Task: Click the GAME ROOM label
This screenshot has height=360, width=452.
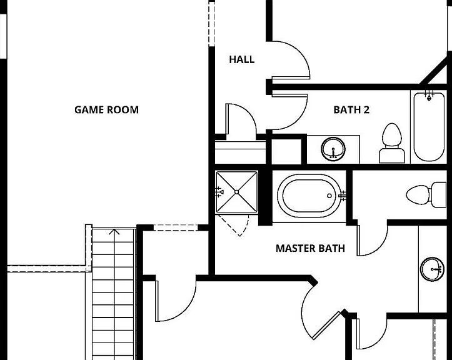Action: coord(106,109)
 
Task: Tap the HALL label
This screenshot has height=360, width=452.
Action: coord(241,59)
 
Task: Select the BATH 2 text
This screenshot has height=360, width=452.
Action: coord(351,109)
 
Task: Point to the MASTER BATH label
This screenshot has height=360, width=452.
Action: coord(310,248)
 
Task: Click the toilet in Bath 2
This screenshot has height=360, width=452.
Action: coord(391,143)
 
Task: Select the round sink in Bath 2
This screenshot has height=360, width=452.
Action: coord(333,149)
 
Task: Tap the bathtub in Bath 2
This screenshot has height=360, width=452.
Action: coord(429,127)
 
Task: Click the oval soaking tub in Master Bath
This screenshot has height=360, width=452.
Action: coord(308,196)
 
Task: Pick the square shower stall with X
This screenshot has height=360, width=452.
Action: coord(237,192)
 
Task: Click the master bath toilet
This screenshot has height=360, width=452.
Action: coord(426,194)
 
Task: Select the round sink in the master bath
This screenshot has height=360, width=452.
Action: coord(432,269)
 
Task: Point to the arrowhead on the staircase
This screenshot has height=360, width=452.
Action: coord(114,231)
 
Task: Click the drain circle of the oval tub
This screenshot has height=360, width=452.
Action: coord(329,196)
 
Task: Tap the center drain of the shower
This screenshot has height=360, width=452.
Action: coord(237,192)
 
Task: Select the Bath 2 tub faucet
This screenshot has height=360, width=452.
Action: coord(429,96)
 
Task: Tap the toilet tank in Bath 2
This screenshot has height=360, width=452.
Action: coord(391,156)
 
